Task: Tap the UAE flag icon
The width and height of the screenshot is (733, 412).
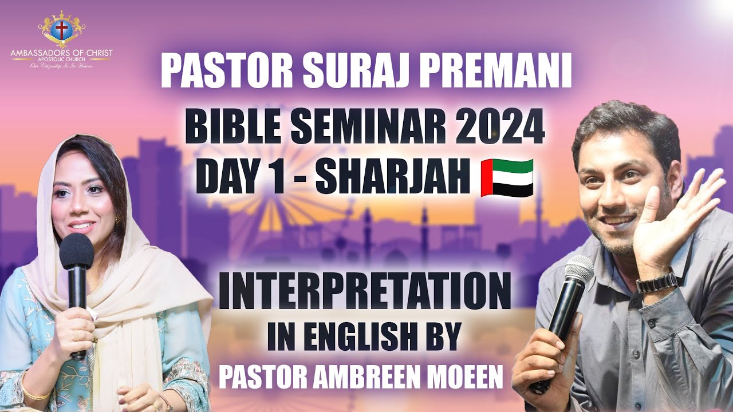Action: [507, 177]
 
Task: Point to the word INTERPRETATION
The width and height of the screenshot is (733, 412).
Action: [365, 291]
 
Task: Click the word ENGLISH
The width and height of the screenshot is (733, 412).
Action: [356, 337]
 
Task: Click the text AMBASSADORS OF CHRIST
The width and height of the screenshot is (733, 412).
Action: [62, 53]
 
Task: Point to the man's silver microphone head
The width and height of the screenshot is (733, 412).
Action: [579, 270]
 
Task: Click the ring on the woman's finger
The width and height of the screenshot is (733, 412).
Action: [76, 335]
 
